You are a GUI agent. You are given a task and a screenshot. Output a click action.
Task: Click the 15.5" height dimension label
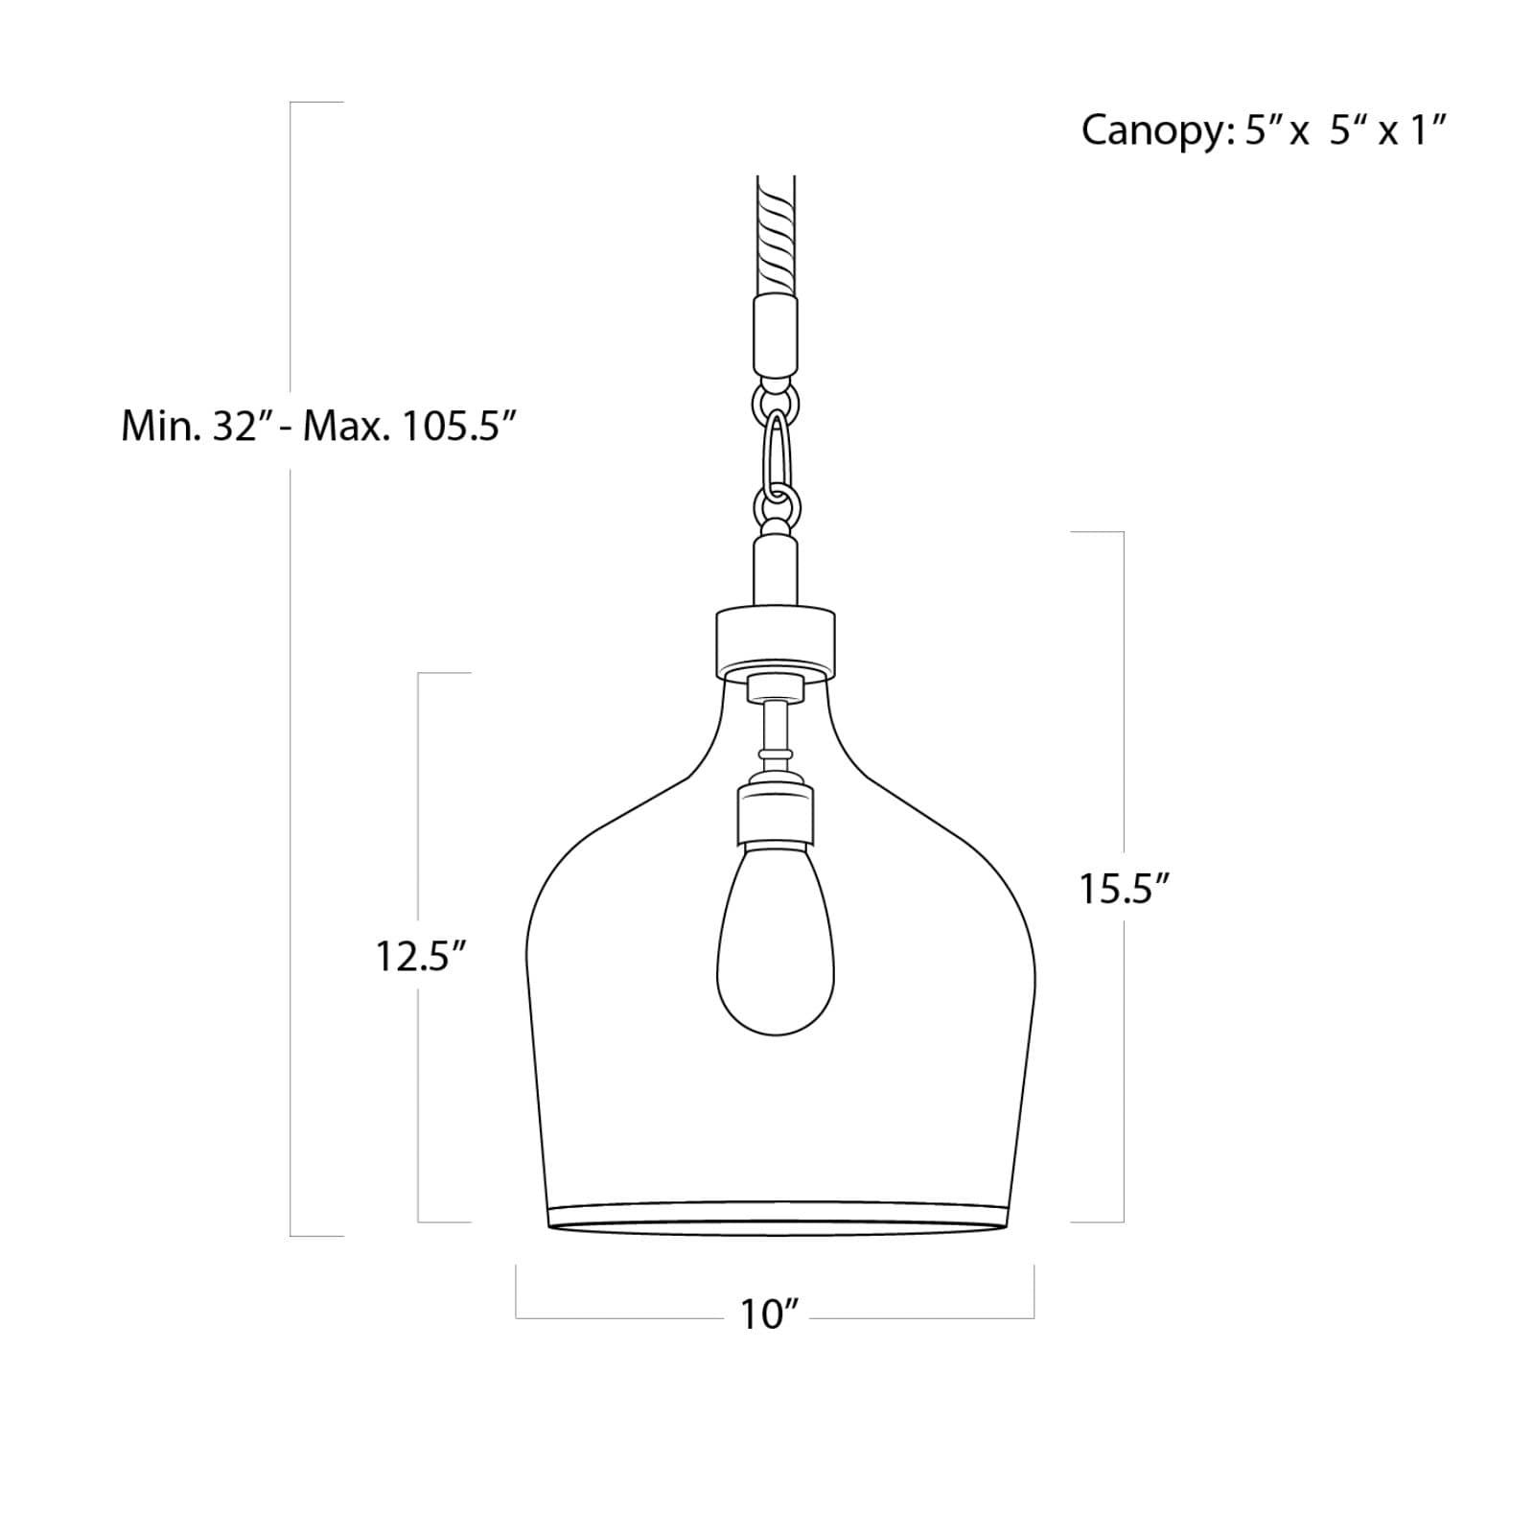[1125, 889]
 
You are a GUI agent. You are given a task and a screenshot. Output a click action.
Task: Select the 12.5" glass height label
[420, 956]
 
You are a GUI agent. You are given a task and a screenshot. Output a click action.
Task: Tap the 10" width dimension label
[769, 1315]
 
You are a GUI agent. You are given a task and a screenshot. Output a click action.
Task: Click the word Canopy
[1151, 130]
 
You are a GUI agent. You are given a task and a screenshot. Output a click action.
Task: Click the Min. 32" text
[192, 426]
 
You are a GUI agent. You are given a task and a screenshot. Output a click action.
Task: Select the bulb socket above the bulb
[776, 813]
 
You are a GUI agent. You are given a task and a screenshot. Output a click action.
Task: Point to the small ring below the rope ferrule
[775, 395]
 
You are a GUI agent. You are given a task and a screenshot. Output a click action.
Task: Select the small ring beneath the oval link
[776, 505]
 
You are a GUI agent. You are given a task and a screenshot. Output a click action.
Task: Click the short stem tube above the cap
[776, 570]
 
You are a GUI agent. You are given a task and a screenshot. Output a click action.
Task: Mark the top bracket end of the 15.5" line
[1098, 531]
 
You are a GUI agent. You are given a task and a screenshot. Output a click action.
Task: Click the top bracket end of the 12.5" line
[444, 673]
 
